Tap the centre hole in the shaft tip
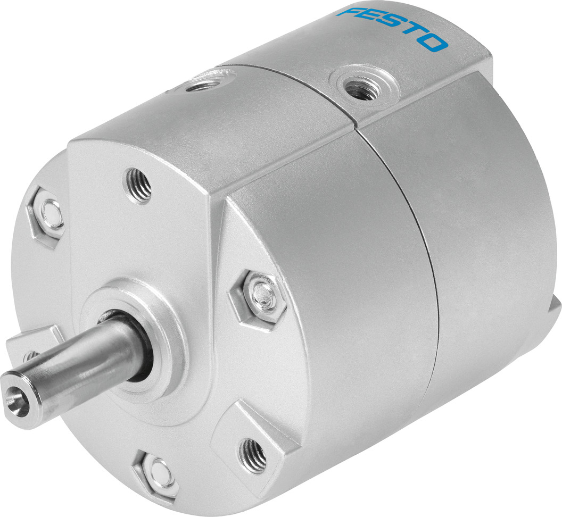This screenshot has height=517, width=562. (12, 396)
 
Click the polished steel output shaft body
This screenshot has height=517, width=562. (85, 362)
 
